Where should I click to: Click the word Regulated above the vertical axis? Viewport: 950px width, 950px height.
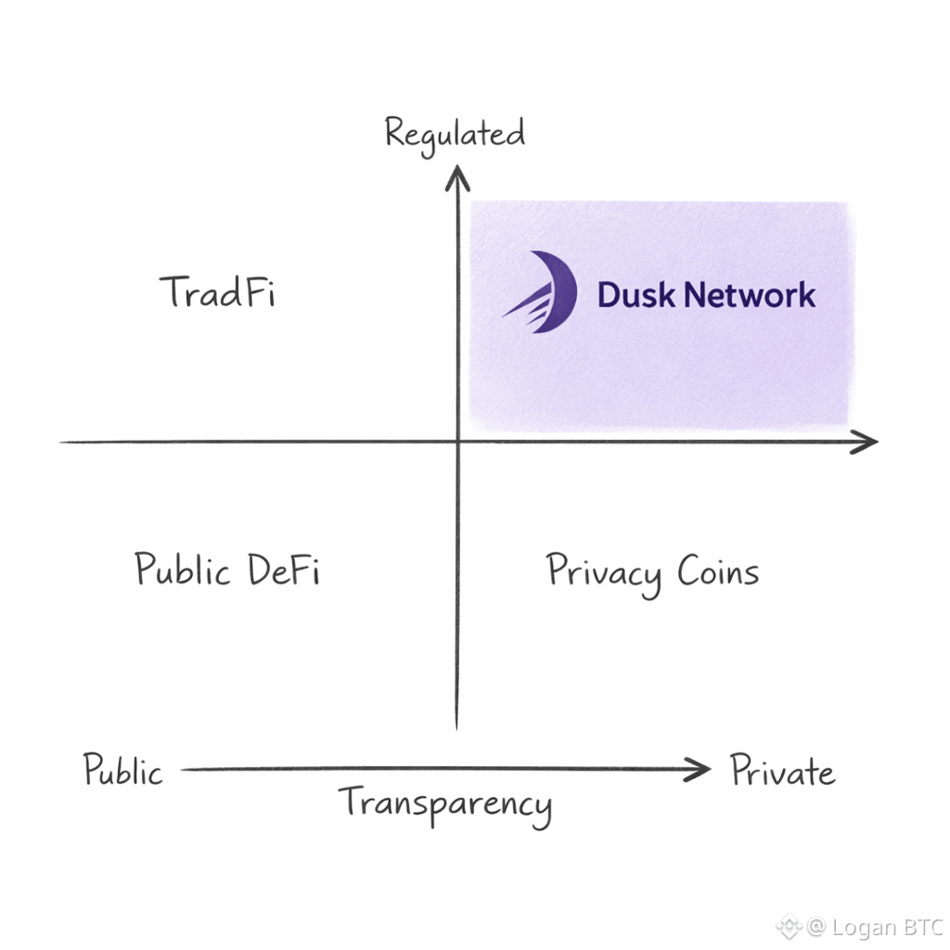coord(455,135)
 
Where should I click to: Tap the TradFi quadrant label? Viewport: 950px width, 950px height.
coord(218,293)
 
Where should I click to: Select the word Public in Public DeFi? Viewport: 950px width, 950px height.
coord(183,569)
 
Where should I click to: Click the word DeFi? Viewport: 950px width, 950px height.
coord(283,568)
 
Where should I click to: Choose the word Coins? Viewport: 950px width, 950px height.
coord(718,571)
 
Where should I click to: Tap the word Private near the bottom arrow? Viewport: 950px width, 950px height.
coord(782,772)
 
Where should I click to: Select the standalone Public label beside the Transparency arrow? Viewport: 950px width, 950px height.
coord(122,771)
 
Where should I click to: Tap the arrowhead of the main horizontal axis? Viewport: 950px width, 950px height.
coord(867,443)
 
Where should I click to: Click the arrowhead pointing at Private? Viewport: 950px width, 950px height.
coord(700,769)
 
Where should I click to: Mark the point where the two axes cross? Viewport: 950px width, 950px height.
coord(456,443)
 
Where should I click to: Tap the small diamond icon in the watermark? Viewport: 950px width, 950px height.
coord(790,926)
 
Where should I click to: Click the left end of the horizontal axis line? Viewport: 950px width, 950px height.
coord(63,443)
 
